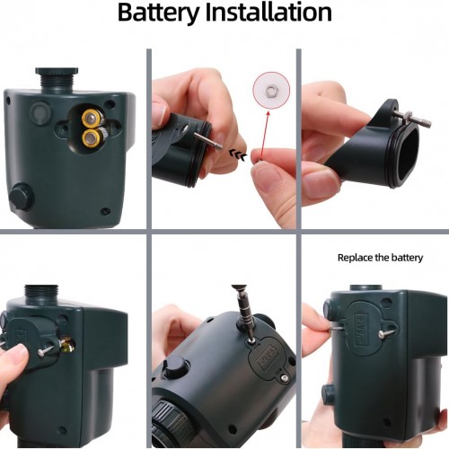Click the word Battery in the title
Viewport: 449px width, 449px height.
159,13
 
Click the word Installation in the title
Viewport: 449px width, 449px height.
269,12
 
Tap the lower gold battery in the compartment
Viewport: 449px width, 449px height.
92,138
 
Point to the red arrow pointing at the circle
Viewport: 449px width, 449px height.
265,133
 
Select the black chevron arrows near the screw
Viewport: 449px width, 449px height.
238,154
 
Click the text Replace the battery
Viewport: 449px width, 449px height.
380,258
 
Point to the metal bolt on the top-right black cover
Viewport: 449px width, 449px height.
412,118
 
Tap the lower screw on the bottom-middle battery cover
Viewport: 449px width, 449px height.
284,378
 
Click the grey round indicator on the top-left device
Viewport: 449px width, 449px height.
41,113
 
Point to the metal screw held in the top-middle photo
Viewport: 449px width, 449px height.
207,141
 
